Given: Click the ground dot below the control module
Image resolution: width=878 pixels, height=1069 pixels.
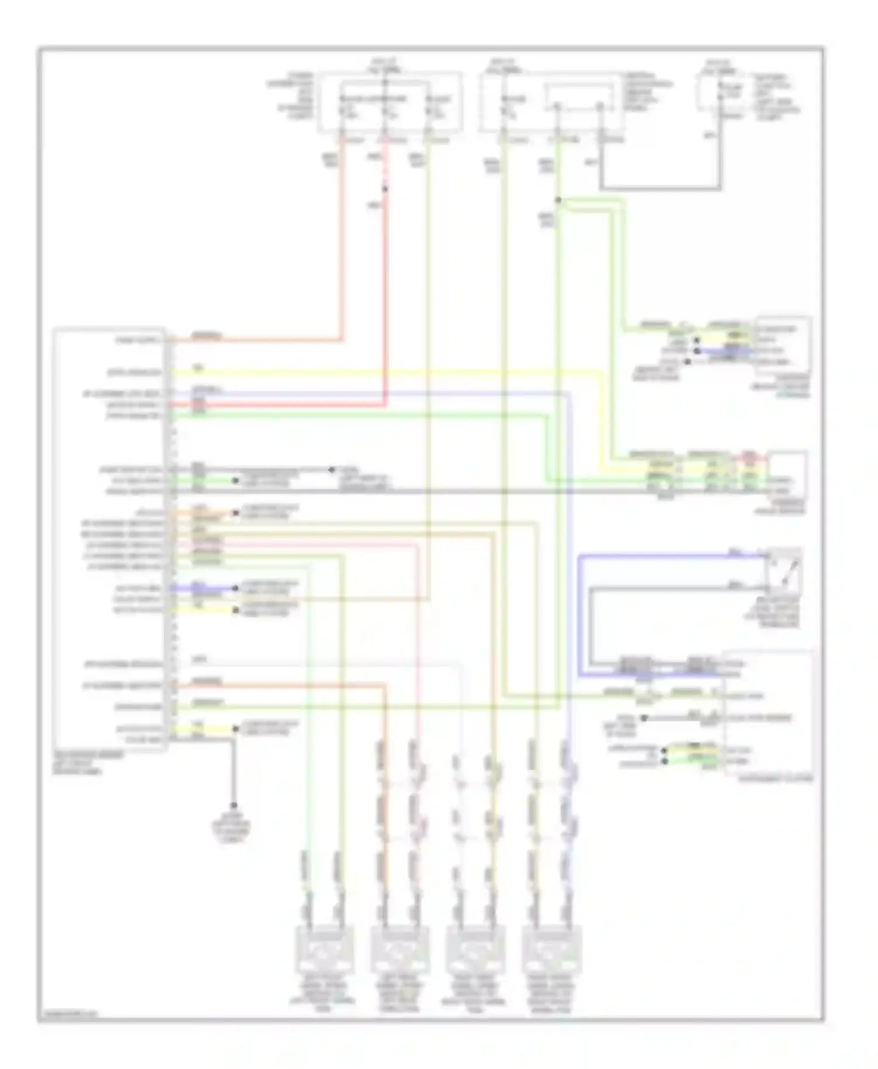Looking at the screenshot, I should click(234, 805).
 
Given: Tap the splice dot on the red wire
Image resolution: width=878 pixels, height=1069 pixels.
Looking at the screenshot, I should click(385, 189).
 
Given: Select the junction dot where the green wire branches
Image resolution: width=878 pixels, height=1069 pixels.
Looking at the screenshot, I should click(558, 200).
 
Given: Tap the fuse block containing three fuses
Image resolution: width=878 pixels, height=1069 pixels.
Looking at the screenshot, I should click(390, 102).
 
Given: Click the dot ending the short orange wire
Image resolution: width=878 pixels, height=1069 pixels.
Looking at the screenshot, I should click(235, 513).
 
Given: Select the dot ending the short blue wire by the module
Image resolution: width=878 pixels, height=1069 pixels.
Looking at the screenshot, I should click(235, 588).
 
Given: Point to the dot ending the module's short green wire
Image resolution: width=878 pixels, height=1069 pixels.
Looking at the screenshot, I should click(235, 481).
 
